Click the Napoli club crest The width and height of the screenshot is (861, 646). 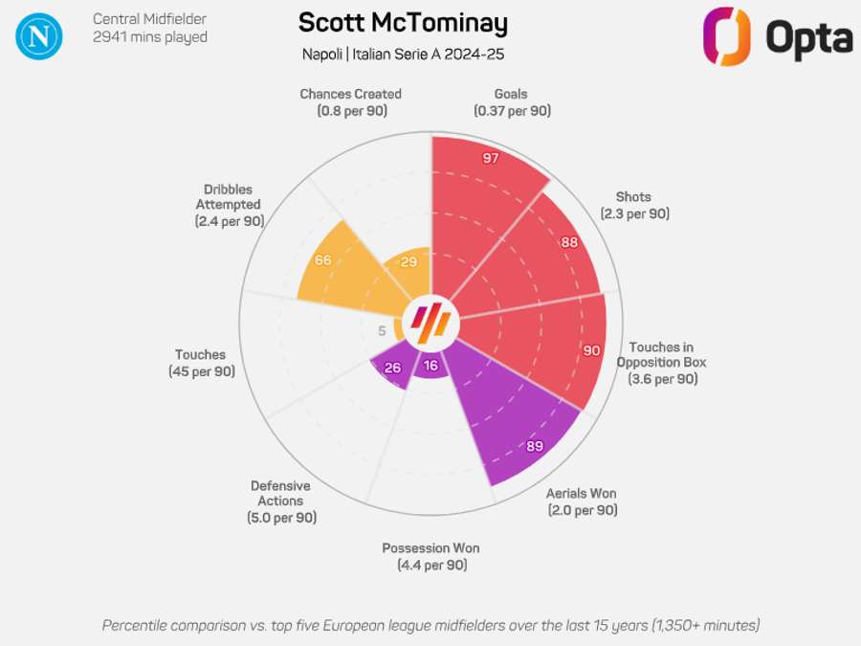(x=39, y=35)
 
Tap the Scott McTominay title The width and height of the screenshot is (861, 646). (x=403, y=23)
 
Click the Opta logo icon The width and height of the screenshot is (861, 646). (x=726, y=36)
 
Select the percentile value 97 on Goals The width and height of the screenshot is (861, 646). (x=491, y=158)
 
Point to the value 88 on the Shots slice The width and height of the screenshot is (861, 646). (x=569, y=242)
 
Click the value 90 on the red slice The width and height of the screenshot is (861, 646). (x=591, y=350)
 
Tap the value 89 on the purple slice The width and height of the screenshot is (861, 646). (x=535, y=445)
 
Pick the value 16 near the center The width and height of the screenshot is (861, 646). (x=430, y=366)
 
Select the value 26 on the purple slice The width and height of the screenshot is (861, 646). (x=392, y=367)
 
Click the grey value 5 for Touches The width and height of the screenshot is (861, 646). (x=383, y=331)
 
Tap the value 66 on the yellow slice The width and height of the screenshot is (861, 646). (x=322, y=260)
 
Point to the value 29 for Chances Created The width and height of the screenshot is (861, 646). (x=408, y=262)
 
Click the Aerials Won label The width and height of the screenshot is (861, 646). (x=582, y=501)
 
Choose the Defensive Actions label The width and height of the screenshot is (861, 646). (x=281, y=501)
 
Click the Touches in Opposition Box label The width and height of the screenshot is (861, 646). (x=662, y=363)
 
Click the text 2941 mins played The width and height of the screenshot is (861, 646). (x=150, y=37)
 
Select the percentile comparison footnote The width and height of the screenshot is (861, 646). (x=430, y=625)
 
